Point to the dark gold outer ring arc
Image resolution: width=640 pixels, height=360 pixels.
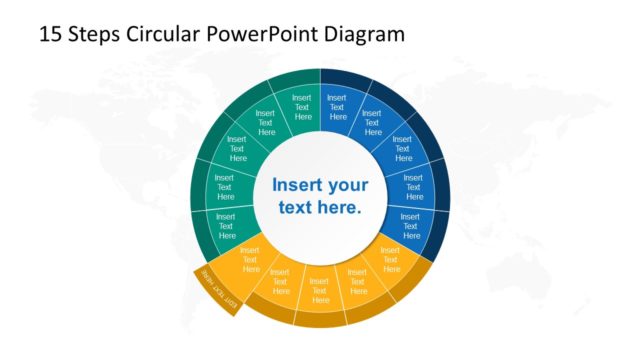tap(320, 321)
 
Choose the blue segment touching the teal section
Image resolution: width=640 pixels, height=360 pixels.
tap(337, 106)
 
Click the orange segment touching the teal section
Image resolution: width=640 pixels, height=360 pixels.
tap(249, 259)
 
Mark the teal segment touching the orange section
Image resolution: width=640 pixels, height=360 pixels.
tap(226, 224)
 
